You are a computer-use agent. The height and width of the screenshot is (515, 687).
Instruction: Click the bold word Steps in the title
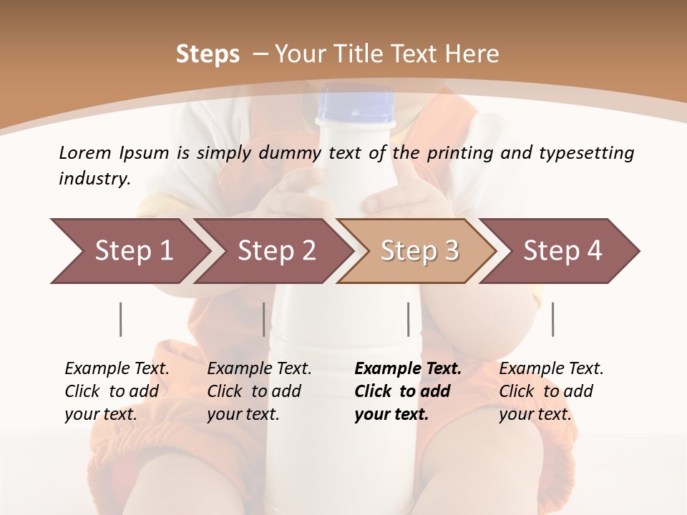tap(208, 54)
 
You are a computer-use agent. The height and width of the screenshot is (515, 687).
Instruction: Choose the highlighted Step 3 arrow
tap(418, 251)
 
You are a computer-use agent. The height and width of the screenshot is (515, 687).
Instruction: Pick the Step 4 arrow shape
tap(562, 251)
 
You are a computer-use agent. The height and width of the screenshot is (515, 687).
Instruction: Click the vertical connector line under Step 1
tap(121, 319)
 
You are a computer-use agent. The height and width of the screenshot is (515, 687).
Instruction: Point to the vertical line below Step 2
tap(264, 319)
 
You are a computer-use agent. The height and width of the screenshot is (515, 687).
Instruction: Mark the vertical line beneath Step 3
tap(408, 319)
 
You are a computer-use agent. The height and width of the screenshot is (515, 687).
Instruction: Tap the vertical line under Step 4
tap(552, 319)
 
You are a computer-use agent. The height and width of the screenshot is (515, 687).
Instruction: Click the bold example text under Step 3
tap(407, 391)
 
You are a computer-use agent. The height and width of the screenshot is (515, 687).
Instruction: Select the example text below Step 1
tap(117, 391)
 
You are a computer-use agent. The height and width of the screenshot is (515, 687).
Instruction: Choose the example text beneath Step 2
tap(259, 391)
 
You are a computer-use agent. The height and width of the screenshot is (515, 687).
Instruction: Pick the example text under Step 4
tap(551, 391)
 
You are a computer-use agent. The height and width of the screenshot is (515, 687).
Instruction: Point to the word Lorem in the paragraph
tap(84, 152)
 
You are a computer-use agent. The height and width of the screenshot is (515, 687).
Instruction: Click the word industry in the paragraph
tap(94, 179)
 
